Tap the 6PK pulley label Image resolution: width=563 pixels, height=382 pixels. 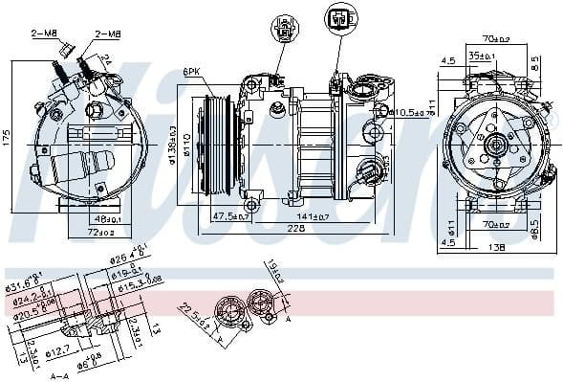(x=192, y=72)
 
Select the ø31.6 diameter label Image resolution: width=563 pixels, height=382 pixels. (x=22, y=282)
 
